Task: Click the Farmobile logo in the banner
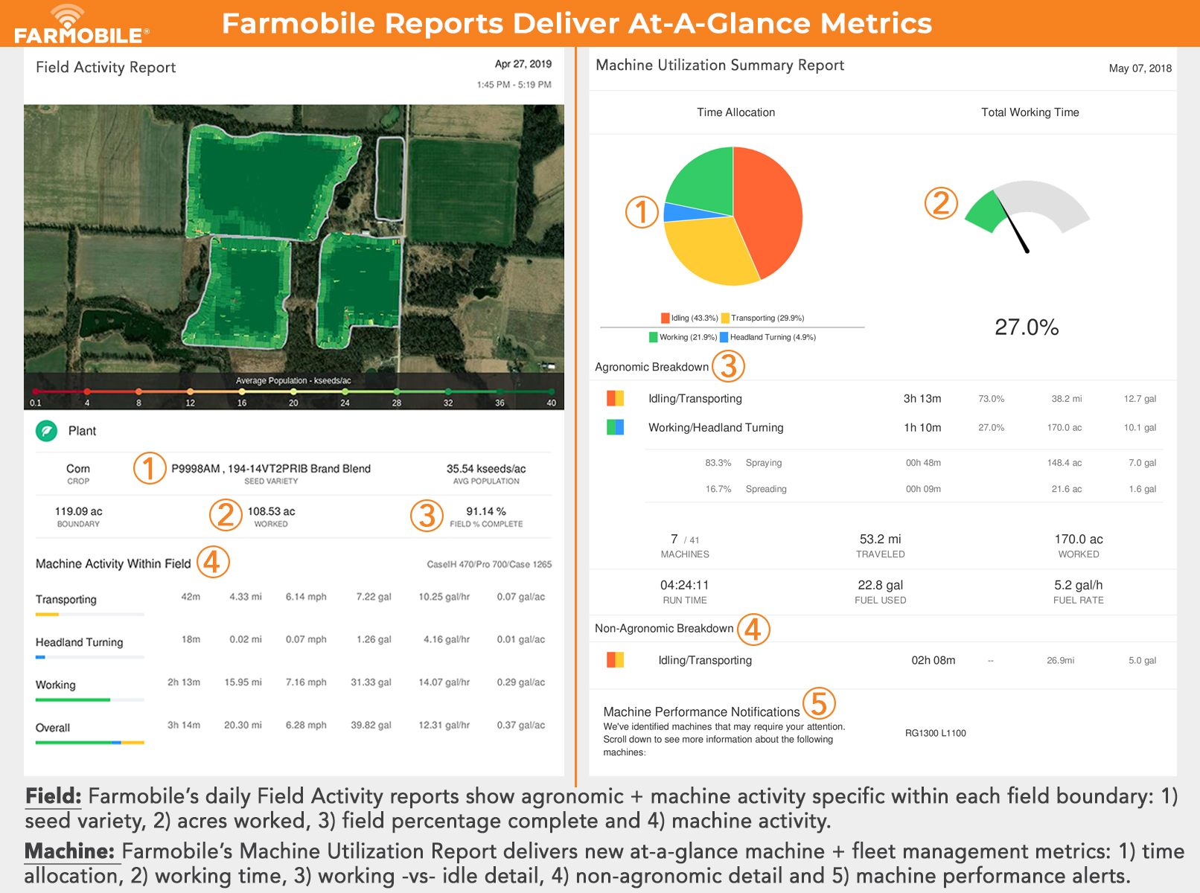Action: pyautogui.click(x=81, y=25)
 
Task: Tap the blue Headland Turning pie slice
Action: pyautogui.click(x=677, y=212)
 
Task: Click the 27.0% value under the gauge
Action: pyautogui.click(x=1027, y=327)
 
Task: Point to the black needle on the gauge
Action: pyautogui.click(x=1016, y=230)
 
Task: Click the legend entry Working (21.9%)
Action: pyautogui.click(x=683, y=337)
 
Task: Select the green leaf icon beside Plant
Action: pyautogui.click(x=46, y=431)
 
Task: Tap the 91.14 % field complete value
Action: pyautogui.click(x=486, y=511)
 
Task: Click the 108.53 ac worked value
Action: pyautogui.click(x=271, y=511)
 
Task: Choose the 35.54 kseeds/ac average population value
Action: pyautogui.click(x=486, y=469)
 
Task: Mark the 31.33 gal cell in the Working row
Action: pyautogui.click(x=371, y=682)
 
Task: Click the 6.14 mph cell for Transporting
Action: pyautogui.click(x=306, y=597)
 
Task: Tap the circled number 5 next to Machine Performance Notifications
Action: pyautogui.click(x=819, y=703)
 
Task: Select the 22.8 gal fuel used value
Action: pyautogui.click(x=880, y=585)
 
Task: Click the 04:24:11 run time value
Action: pyautogui.click(x=684, y=585)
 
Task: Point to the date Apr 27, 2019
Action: pyautogui.click(x=523, y=64)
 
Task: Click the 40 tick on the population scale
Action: pyautogui.click(x=551, y=403)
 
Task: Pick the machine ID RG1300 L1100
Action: pyautogui.click(x=935, y=733)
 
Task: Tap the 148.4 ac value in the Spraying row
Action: pyautogui.click(x=1065, y=463)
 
